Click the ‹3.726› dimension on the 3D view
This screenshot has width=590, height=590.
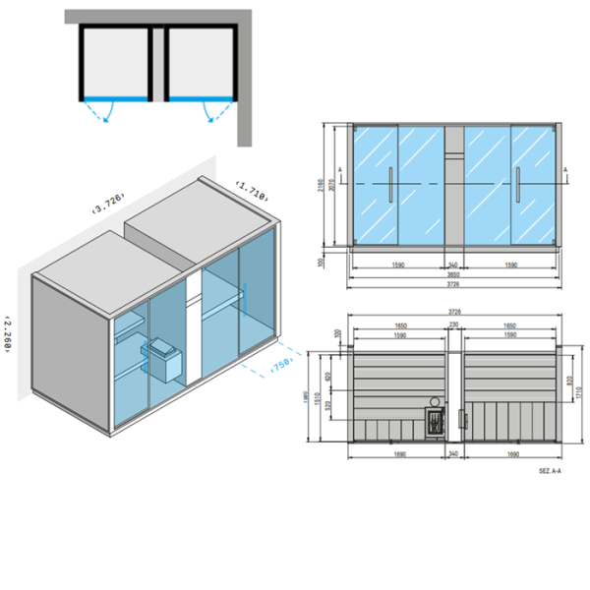106,203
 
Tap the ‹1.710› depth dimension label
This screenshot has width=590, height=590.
253,190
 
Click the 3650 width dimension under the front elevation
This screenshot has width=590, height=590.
453,274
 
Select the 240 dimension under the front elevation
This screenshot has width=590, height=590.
454,265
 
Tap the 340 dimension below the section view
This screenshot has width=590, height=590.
453,453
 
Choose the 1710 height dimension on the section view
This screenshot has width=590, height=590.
580,390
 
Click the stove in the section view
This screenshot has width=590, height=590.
435,417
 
